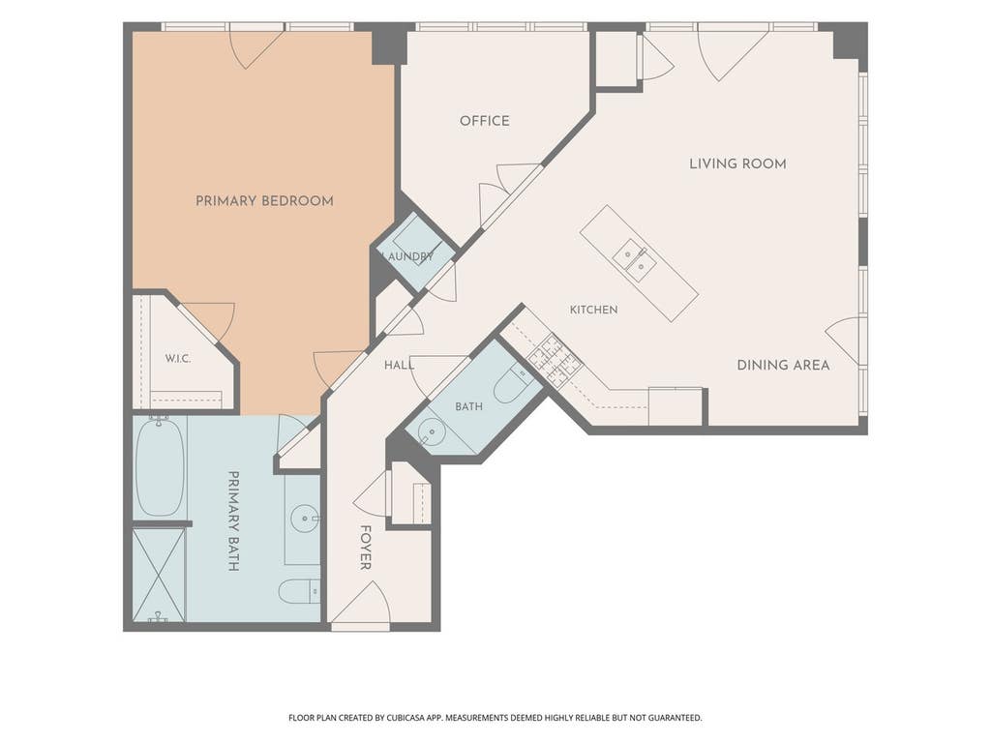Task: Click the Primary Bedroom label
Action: [x=264, y=201]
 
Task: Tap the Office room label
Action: [x=484, y=121]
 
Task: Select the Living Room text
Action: [x=737, y=163]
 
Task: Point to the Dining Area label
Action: [x=783, y=365]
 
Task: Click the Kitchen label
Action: [x=593, y=310]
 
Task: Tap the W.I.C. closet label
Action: [x=178, y=358]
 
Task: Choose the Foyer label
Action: [x=365, y=548]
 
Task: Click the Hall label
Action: [x=399, y=365]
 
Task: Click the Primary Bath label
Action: [x=233, y=520]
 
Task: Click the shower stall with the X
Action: [x=159, y=575]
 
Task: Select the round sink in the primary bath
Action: [x=306, y=519]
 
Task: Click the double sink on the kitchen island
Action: [x=633, y=260]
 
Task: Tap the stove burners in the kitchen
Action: [x=555, y=361]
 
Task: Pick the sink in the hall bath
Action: [x=432, y=431]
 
